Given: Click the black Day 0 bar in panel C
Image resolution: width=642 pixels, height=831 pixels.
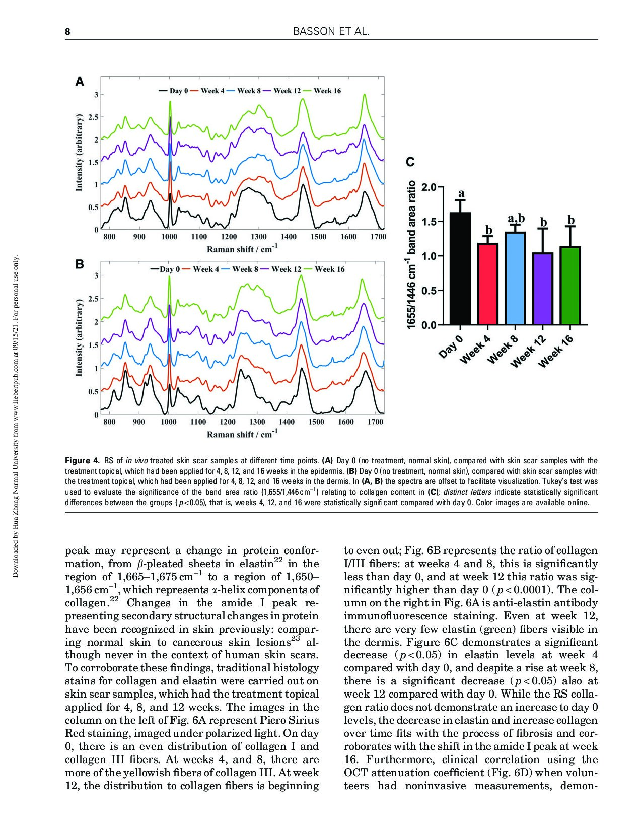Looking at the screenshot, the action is coord(460,268).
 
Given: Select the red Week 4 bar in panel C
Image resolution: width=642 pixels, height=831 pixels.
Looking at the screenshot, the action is coord(487,284).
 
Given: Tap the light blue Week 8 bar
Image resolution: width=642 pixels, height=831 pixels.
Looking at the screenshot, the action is coord(515,279).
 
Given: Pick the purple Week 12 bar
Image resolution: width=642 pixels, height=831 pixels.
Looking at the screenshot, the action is coord(543,289).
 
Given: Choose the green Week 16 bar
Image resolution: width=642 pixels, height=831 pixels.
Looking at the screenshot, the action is coord(570,286).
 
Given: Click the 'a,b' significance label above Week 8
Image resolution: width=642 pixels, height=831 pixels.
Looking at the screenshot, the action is coord(516,219).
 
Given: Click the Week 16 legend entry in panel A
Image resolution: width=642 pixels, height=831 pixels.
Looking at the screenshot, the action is coord(322,91).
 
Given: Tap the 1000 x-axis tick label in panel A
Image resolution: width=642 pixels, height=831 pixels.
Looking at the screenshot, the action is coord(169,237).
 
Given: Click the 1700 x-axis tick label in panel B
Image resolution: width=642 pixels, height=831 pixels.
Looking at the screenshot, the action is coord(376,422).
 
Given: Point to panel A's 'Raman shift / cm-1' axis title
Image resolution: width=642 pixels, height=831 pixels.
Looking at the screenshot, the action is coord(242,249).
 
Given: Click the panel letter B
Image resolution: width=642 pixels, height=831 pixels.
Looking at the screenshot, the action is coord(79,264).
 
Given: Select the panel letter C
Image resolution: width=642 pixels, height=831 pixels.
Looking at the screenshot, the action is coord(410,162).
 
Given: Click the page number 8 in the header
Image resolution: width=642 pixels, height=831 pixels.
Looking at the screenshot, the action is coord(67,32).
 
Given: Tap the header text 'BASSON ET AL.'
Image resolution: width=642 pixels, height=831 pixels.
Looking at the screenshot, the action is coord(331,32).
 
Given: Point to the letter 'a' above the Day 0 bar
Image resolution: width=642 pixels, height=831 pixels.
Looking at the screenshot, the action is coord(461,193).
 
